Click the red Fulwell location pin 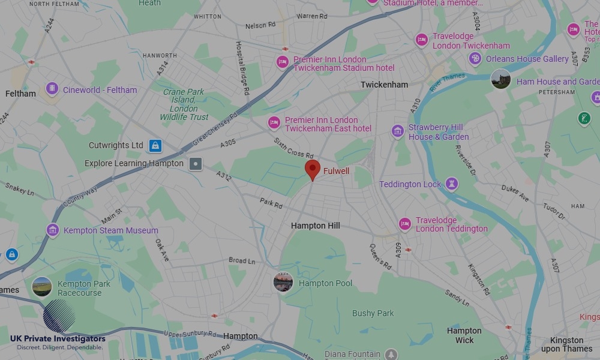coord(313,170)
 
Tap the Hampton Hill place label coord(315,226)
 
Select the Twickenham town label coord(384,85)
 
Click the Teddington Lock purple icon coord(452,184)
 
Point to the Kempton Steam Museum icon coord(53,230)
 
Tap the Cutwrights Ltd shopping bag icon coord(155,145)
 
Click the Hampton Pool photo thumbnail coord(283,282)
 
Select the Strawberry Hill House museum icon coord(397,131)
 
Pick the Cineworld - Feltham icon coord(52,89)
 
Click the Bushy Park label coord(373,313)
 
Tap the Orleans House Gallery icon coord(475,59)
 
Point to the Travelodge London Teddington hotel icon coord(405,224)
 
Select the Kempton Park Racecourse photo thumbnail coord(42,287)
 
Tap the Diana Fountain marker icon coord(391,354)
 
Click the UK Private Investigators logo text coord(58,339)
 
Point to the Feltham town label coord(20,94)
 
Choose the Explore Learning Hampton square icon coord(196,163)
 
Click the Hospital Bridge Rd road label coord(242,68)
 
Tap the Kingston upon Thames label coord(566,344)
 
